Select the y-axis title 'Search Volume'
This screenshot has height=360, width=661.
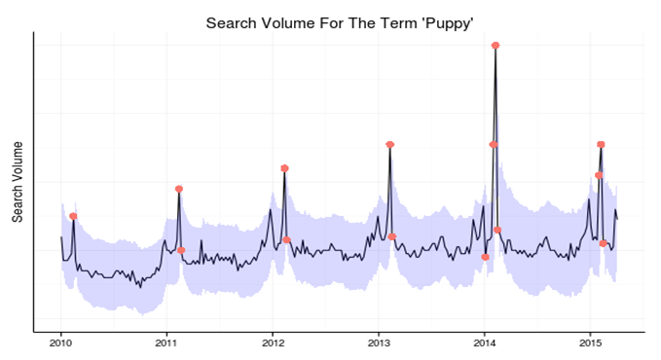point(18,181)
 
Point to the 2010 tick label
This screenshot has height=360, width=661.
point(60,342)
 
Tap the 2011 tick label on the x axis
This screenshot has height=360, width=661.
point(166,342)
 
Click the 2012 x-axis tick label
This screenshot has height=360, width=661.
point(273,342)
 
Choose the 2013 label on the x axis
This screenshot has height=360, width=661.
point(379,342)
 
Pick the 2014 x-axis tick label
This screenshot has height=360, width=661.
point(485,342)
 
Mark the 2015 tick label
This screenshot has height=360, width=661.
point(591,342)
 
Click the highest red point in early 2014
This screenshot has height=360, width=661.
point(496,46)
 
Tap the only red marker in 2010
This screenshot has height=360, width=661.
point(73,216)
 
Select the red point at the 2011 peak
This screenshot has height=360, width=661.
point(179,189)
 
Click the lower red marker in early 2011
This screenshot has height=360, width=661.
point(181,250)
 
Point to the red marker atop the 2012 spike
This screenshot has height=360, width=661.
point(284,168)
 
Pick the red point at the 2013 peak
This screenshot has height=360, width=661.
point(389,144)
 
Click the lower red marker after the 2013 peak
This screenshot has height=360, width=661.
point(392,236)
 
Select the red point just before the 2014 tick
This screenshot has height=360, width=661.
point(485,257)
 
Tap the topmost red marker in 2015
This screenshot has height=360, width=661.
point(601,144)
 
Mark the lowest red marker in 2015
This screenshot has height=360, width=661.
point(603,243)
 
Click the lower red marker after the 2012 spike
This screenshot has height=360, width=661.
point(286,239)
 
